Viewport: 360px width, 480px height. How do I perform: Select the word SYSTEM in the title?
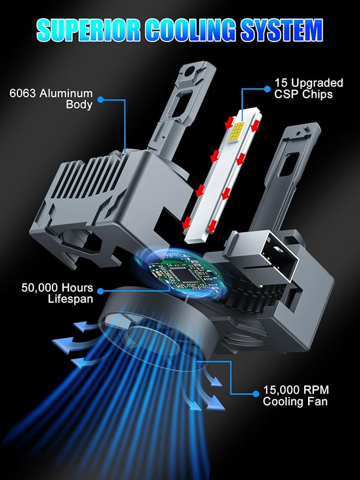[282, 30]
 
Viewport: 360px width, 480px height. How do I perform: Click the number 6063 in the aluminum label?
[22, 93]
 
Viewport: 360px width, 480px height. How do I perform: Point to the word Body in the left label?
[79, 104]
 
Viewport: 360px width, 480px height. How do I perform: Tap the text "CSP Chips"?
[303, 94]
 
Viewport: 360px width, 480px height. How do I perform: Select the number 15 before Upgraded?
[280, 82]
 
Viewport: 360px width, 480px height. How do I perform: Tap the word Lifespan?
[70, 299]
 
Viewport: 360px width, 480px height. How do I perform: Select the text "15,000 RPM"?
[296, 390]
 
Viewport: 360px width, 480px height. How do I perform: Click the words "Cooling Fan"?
[295, 401]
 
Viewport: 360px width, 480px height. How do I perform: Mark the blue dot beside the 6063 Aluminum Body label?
[101, 99]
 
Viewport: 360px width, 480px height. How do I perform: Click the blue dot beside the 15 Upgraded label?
[267, 89]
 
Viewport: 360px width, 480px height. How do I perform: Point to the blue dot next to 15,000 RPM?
[256, 394]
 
